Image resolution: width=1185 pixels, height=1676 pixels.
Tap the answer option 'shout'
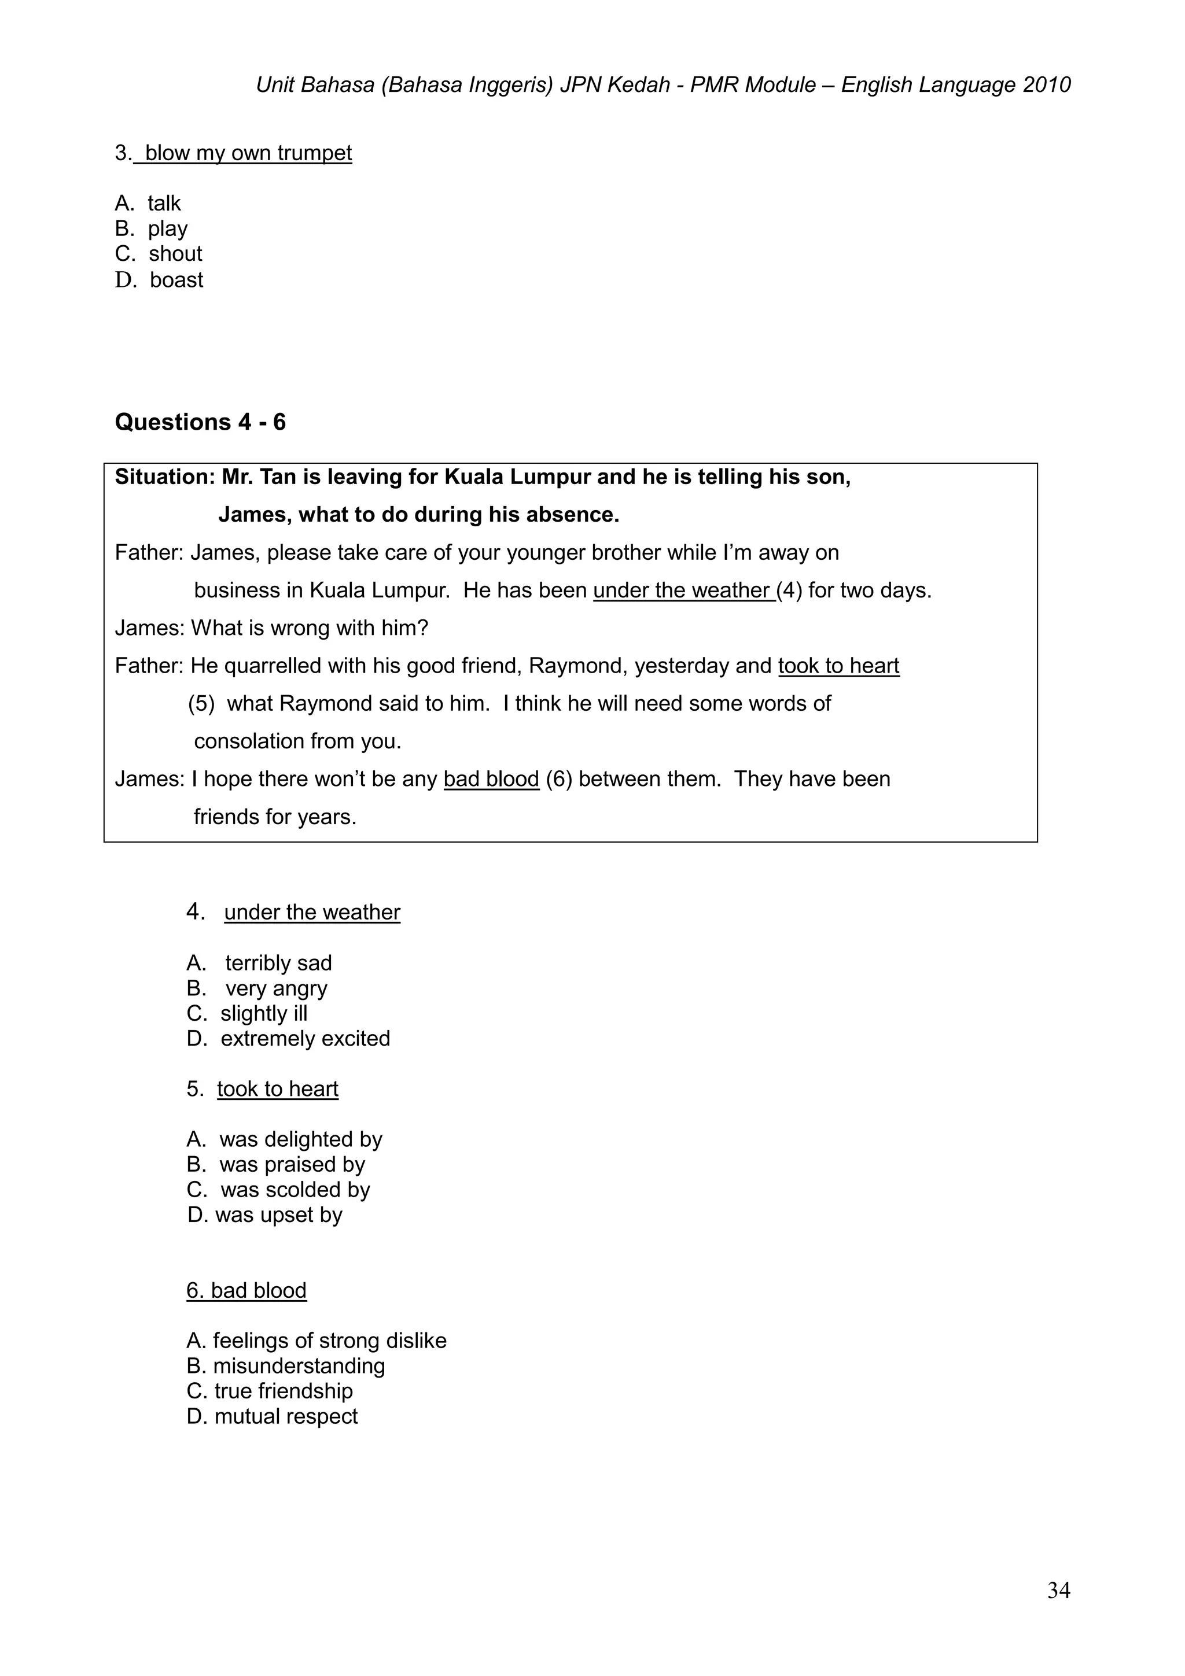[175, 254]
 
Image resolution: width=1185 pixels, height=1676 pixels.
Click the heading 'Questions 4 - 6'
[200, 423]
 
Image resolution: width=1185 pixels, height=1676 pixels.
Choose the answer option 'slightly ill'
[264, 1013]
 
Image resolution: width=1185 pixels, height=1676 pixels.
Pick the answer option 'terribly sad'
[278, 963]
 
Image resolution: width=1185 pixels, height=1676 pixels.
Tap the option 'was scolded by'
[295, 1189]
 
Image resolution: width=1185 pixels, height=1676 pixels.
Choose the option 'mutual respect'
[285, 1416]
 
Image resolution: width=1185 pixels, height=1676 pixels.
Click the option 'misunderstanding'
[299, 1366]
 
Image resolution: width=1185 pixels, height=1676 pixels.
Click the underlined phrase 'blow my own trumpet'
[248, 153]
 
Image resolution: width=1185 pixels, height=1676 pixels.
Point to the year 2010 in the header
[1046, 86]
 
